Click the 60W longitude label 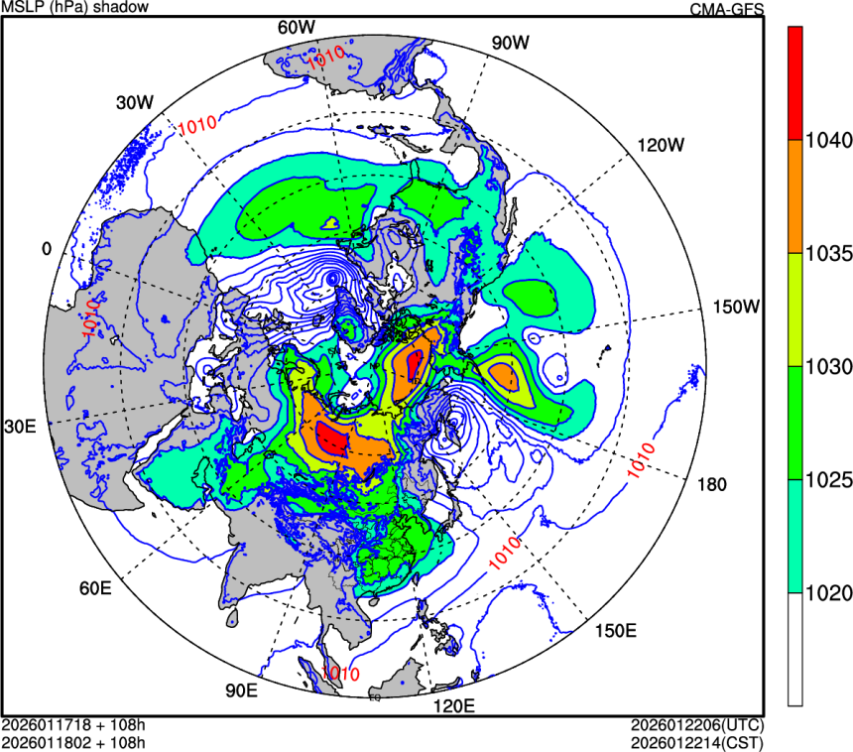295,27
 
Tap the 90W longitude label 511,43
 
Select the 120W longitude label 661,145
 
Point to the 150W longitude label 736,307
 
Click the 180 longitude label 711,484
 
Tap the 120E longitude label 455,706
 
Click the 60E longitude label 94,588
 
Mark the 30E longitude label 20,427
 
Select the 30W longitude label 134,102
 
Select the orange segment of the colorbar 795,196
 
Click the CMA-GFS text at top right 726,10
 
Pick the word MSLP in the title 22,8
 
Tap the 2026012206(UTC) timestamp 695,723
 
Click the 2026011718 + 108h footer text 74,723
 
